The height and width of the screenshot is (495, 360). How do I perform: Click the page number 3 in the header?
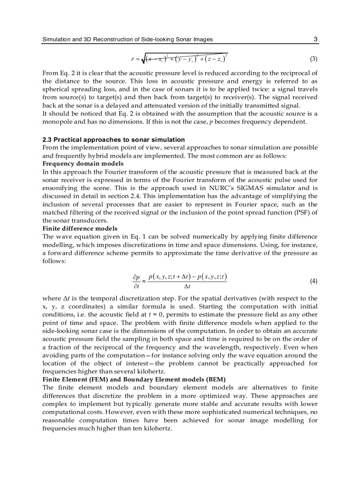coord(315,39)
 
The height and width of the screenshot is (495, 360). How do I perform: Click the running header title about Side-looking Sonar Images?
coord(127,39)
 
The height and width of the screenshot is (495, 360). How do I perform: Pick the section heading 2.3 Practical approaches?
coord(113,139)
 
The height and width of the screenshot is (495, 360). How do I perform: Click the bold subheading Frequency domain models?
coord(82,164)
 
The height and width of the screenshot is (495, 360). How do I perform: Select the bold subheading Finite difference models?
coord(80,228)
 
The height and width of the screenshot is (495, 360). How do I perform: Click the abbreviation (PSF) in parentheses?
coord(300,212)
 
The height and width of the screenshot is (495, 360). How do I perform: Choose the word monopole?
coord(56,122)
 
